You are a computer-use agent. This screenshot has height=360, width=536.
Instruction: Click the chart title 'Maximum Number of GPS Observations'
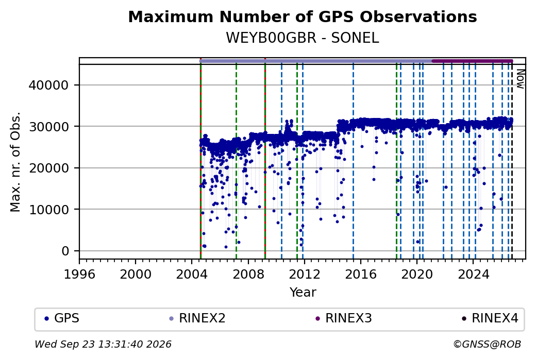pos(303,16)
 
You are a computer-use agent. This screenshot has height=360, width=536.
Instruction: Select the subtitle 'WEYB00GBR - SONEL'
pos(303,38)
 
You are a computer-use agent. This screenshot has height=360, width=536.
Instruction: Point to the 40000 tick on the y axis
pos(49,85)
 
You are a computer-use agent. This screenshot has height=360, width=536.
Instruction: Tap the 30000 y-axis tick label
pos(49,127)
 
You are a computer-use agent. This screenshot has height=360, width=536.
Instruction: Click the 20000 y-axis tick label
pos(49,168)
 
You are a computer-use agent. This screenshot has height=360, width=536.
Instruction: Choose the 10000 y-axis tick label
pos(49,210)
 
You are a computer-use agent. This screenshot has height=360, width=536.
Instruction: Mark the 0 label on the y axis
pos(65,251)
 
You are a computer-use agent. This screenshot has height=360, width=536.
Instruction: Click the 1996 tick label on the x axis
pos(79,274)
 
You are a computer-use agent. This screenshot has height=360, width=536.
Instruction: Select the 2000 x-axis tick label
pos(136,274)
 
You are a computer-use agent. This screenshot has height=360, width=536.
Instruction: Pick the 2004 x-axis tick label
pos(192,274)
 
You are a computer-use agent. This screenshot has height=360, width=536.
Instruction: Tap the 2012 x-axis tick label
pos(304,274)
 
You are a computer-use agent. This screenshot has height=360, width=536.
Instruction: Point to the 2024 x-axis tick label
pos(473,274)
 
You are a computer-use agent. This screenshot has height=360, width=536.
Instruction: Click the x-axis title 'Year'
pos(303,293)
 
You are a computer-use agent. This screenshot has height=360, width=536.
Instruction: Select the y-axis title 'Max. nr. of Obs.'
pos(15,162)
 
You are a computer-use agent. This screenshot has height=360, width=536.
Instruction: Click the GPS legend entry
pos(62,318)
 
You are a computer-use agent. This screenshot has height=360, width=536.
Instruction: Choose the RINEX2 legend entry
pos(197,318)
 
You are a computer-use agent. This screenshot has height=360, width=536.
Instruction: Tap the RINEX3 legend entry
pos(344,318)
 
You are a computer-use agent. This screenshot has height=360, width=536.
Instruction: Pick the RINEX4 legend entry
pos(490,318)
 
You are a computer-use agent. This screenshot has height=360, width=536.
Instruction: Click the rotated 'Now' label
pos(520,79)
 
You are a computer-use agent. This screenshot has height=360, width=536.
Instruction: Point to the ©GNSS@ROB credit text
pos(488,344)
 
